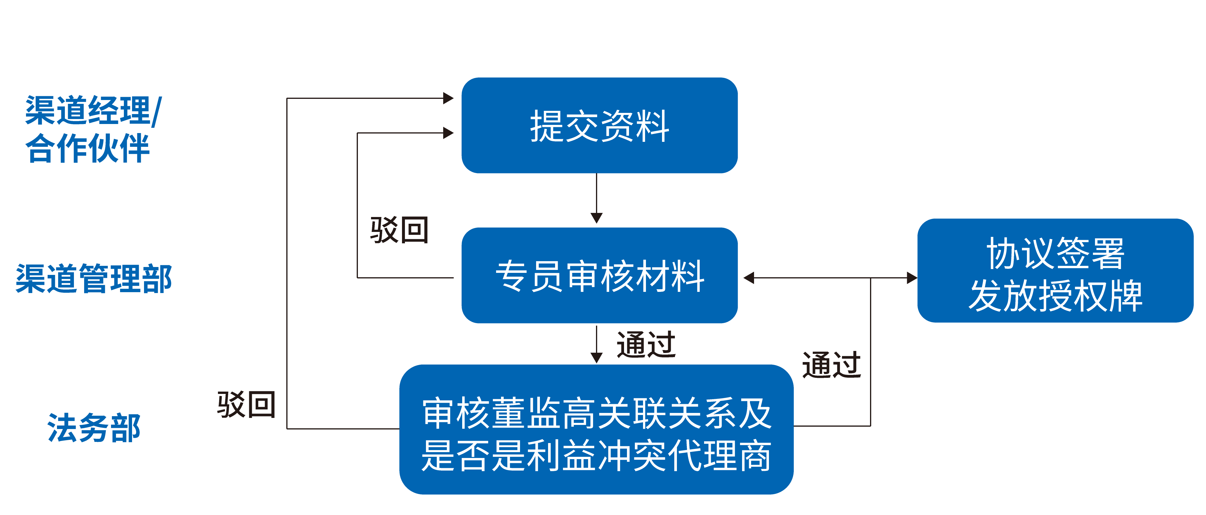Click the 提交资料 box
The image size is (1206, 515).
coord(599,125)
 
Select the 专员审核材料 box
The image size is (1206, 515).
coord(599,275)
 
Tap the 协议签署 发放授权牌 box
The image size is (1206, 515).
coord(1055,271)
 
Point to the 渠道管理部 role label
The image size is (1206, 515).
coord(93,279)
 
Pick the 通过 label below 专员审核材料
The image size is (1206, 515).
coord(646,345)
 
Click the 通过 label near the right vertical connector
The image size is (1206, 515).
coord(831,365)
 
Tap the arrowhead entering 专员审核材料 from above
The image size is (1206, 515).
coord(597,218)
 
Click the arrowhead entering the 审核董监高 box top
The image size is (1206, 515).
coord(597,358)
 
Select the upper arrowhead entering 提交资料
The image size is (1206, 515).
coord(448,98)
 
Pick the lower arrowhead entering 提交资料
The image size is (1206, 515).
coord(448,133)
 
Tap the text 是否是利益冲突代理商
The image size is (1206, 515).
coord(597,455)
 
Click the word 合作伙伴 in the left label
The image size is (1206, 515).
coord(88,149)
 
